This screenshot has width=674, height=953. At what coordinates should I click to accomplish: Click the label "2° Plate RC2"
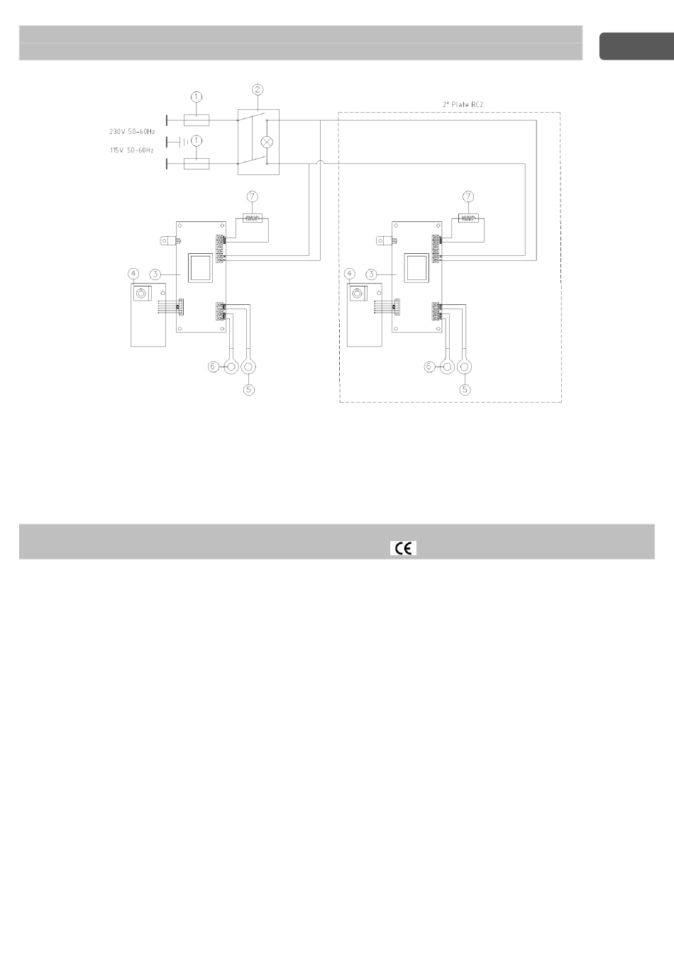point(463,104)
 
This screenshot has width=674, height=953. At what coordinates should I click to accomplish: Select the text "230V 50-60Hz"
point(132,132)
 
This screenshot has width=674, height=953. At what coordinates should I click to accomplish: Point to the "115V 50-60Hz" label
point(132,150)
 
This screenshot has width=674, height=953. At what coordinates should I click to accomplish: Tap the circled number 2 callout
point(257,90)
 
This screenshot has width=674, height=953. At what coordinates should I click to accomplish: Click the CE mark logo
point(403,548)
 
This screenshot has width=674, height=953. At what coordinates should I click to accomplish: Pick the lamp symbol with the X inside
point(267,142)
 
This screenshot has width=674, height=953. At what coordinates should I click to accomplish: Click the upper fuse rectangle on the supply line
point(197,121)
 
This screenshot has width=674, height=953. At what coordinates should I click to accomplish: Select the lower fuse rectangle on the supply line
point(197,163)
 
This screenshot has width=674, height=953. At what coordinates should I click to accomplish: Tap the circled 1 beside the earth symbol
point(197,140)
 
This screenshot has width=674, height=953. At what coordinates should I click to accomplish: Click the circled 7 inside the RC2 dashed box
point(468,196)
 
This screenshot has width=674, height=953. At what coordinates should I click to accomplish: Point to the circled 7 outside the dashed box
point(253,196)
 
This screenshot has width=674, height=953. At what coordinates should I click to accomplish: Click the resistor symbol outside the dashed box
point(253,218)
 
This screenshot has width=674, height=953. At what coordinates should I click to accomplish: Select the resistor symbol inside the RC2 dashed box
point(468,218)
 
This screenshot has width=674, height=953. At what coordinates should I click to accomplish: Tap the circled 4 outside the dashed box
point(133,274)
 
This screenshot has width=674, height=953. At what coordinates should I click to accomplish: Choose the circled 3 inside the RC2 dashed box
point(371,274)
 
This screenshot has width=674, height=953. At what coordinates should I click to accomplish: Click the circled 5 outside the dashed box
point(249,389)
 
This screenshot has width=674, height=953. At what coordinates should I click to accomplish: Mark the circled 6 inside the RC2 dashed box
point(429,367)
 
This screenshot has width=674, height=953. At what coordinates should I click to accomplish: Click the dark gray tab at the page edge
point(636,46)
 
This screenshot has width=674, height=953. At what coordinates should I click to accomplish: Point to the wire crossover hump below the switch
point(321,162)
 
